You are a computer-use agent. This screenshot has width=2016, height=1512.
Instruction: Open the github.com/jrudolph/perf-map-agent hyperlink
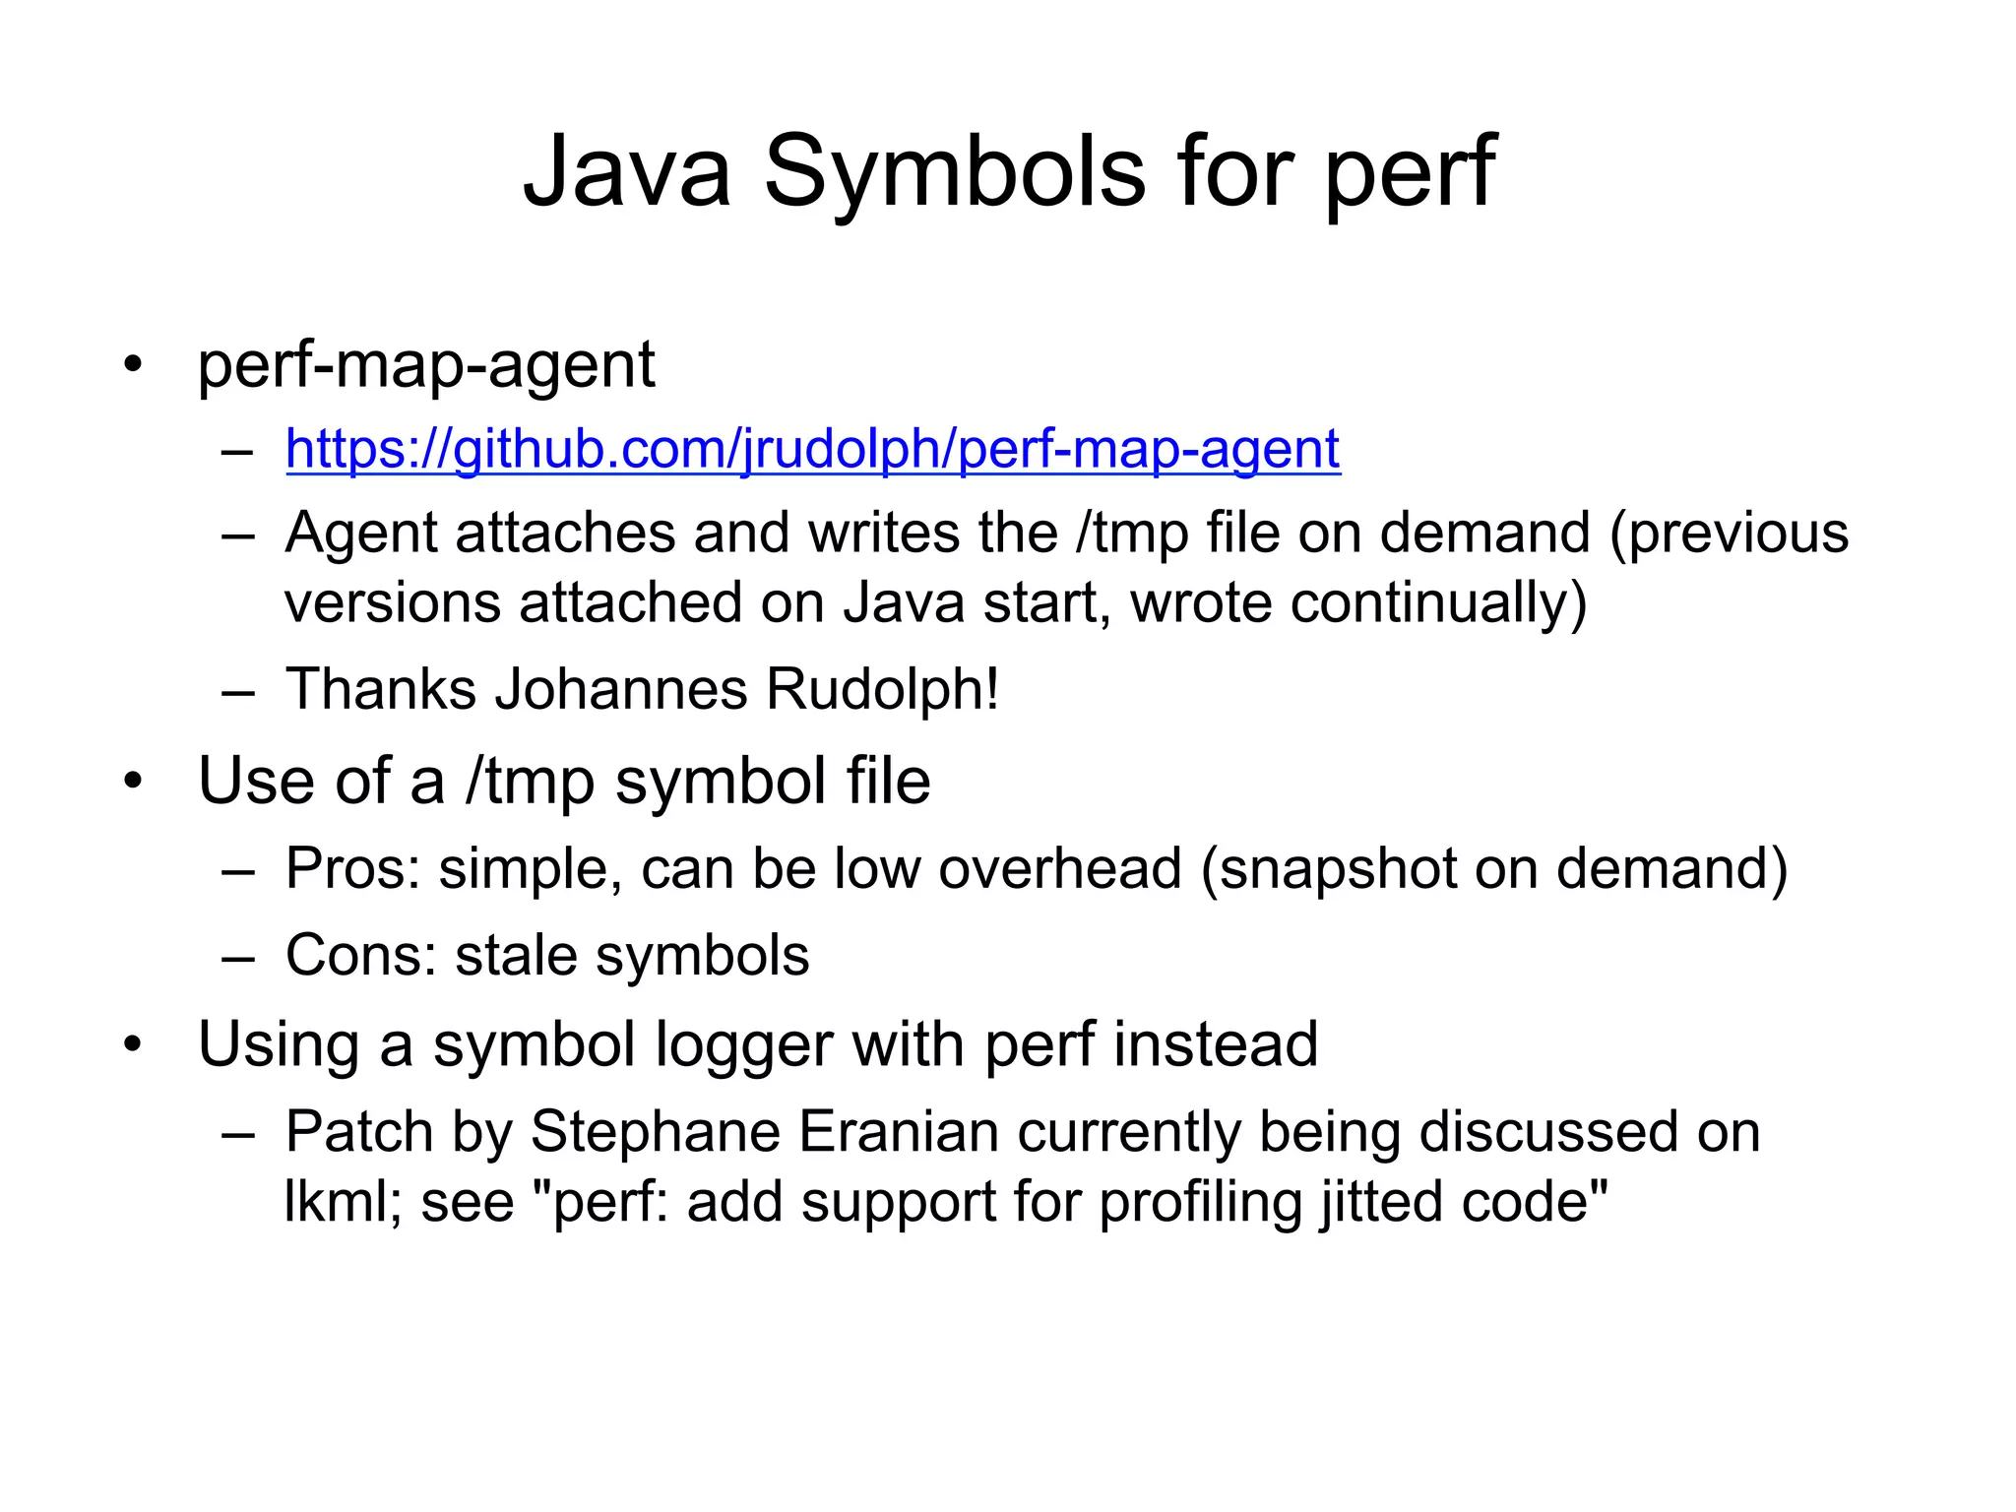click(x=813, y=449)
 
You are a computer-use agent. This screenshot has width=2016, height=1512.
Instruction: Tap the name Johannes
click(x=621, y=688)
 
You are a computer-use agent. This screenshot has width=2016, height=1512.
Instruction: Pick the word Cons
click(x=360, y=955)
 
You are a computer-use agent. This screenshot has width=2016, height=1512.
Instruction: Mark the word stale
click(x=517, y=955)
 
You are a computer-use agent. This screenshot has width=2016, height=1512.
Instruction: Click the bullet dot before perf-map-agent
click(x=133, y=367)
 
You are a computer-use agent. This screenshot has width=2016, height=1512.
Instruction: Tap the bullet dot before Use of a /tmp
click(x=133, y=783)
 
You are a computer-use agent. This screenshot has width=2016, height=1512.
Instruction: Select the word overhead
click(x=1059, y=869)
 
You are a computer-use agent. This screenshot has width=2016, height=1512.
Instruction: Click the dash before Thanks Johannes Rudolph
click(x=238, y=691)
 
